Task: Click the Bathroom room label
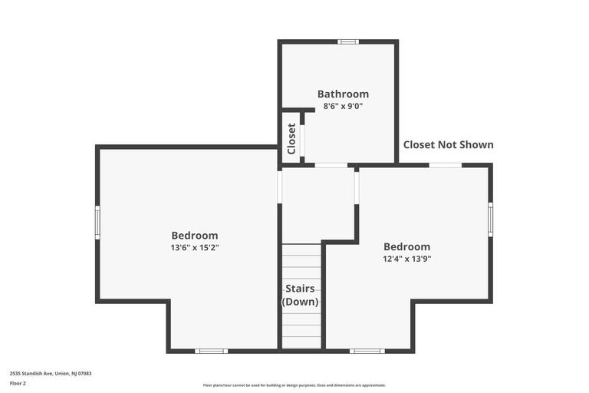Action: (x=343, y=94)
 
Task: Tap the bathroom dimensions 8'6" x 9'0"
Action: (x=343, y=106)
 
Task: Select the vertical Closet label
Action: (x=291, y=139)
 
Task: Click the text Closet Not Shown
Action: (x=448, y=144)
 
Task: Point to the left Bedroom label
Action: (x=194, y=235)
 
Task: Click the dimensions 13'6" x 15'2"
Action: (x=194, y=247)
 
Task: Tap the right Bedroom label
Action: (x=406, y=246)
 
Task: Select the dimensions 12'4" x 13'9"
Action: (x=406, y=259)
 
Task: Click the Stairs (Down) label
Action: (x=300, y=295)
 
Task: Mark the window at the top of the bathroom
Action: (x=348, y=41)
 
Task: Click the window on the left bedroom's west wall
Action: (x=97, y=222)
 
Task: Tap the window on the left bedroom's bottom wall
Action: (x=211, y=351)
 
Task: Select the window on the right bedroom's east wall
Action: (x=490, y=220)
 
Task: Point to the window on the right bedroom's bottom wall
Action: (x=367, y=351)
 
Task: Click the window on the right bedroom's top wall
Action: (x=445, y=165)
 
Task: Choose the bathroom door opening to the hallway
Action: (x=331, y=165)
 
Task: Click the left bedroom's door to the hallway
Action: (x=280, y=187)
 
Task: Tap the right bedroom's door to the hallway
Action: (x=357, y=187)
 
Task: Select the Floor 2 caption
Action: (x=18, y=383)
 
